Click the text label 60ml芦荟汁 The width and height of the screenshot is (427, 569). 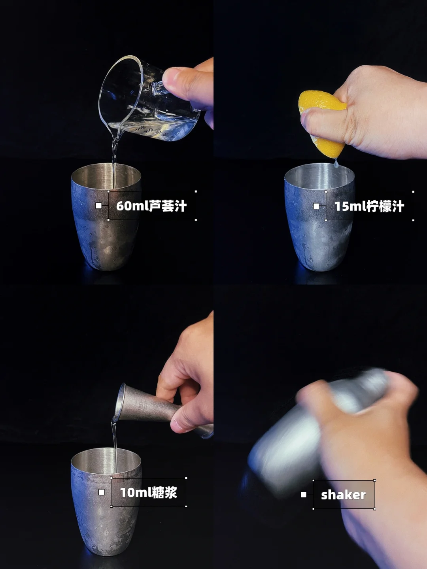click(x=151, y=206)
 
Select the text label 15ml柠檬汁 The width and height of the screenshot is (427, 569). click(x=369, y=206)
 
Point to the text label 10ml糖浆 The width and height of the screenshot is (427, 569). click(x=149, y=492)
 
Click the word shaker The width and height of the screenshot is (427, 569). click(x=343, y=495)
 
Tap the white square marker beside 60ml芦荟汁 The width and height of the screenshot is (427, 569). click(x=98, y=206)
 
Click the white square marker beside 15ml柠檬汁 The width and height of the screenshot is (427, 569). click(x=316, y=206)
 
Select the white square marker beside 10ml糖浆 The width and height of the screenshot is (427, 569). click(x=102, y=492)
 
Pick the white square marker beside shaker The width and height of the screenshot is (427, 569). click(x=303, y=495)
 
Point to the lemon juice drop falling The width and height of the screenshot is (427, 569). click(x=336, y=163)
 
